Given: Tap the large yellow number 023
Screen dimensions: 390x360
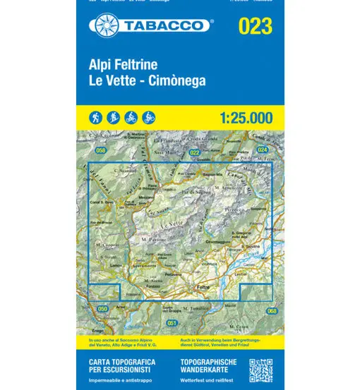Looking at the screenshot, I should coord(256,26).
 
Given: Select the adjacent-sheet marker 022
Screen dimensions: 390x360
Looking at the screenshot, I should coord(196,152).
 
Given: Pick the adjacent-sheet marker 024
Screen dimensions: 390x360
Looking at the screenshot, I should coord(263,150).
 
